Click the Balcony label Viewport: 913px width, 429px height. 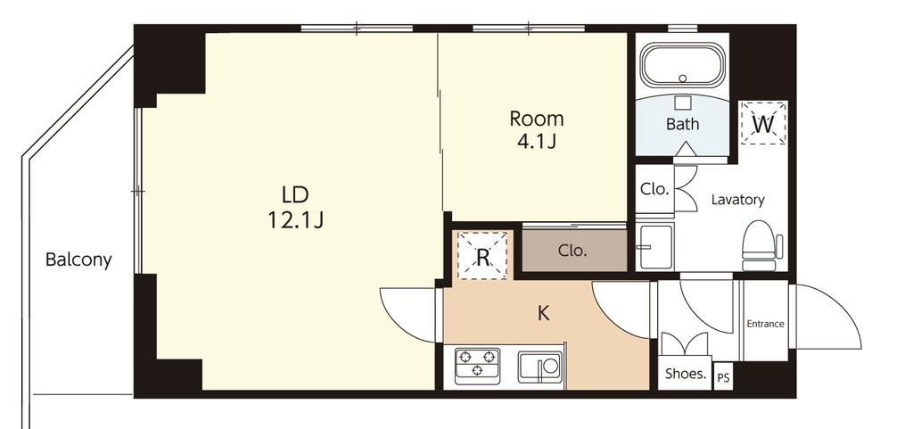click(x=78, y=259)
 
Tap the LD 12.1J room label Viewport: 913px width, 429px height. click(x=295, y=207)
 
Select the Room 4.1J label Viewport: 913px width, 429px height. click(x=536, y=128)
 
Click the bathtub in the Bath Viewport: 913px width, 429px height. click(x=682, y=64)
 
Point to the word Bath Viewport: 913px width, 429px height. click(x=682, y=124)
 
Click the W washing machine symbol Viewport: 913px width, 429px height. click(x=763, y=123)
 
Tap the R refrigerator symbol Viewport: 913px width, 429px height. click(x=482, y=256)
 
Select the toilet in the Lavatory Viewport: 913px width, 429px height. click(x=761, y=245)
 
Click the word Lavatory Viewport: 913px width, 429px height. click(x=737, y=200)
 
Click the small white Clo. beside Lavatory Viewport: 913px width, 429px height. click(x=654, y=189)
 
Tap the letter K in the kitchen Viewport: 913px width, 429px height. click(x=543, y=314)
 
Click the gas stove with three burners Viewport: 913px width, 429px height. click(x=477, y=366)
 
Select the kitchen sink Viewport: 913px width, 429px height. click(x=539, y=367)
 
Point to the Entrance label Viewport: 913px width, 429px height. click(x=766, y=325)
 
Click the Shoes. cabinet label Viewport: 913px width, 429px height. click(x=686, y=374)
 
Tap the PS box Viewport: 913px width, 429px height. click(x=722, y=377)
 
